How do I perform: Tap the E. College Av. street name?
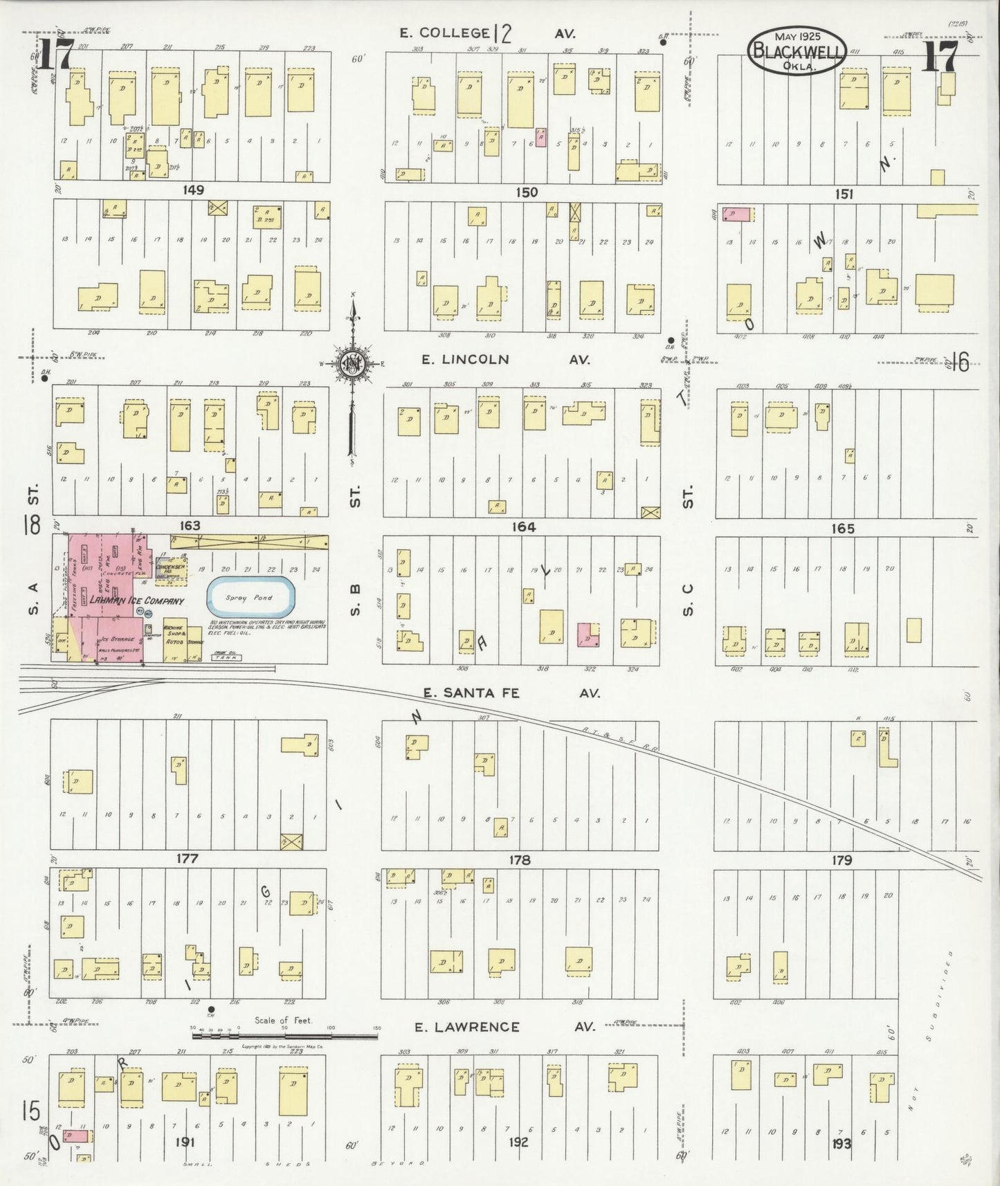coord(488,33)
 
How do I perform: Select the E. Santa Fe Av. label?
coord(511,693)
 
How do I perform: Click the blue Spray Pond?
coord(251,598)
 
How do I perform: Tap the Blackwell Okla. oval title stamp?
coord(797,51)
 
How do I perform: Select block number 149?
coord(193,190)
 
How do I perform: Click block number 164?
coord(523,527)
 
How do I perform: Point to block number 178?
coord(519,860)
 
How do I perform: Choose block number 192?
coord(518,1142)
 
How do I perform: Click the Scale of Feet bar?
coord(285,1029)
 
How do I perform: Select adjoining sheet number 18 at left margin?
coord(31,525)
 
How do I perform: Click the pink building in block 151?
coord(738,215)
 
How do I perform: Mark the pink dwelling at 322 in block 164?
coord(588,634)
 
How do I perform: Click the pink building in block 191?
coord(75,1135)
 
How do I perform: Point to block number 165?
coord(842,529)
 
